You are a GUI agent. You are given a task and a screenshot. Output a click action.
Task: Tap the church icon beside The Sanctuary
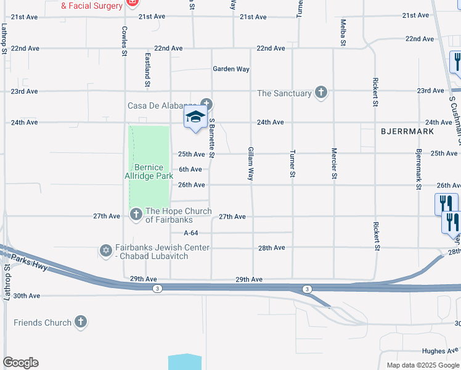pyautogui.click(x=320, y=93)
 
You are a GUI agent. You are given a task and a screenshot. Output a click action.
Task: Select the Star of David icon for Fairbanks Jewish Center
pyautogui.click(x=106, y=251)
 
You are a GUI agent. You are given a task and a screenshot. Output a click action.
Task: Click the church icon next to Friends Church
pyautogui.click(x=81, y=322)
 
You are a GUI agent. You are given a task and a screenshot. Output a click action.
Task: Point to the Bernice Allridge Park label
pyautogui.click(x=149, y=171)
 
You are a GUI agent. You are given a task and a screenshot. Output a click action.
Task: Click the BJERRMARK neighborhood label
pyautogui.click(x=407, y=131)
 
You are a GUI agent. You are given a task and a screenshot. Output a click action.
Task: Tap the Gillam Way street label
pyautogui.click(x=251, y=164)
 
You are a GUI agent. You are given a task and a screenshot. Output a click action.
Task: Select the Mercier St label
pyautogui.click(x=334, y=164)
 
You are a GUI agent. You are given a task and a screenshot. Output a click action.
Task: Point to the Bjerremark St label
pyautogui.click(x=418, y=168)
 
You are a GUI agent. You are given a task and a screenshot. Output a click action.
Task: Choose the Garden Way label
pyautogui.click(x=231, y=69)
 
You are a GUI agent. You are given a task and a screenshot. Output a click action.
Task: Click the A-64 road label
pyautogui.click(x=191, y=232)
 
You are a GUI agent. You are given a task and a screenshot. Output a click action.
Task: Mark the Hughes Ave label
pyautogui.click(x=441, y=351)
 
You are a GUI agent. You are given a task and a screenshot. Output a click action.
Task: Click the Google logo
pyautogui.click(x=20, y=363)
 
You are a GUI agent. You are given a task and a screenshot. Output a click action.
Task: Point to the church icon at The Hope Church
pyautogui.click(x=136, y=215)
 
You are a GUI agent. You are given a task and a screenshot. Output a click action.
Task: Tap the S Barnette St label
pyautogui.click(x=211, y=138)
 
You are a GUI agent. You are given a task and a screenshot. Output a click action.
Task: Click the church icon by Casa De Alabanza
pyautogui.click(x=206, y=104)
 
